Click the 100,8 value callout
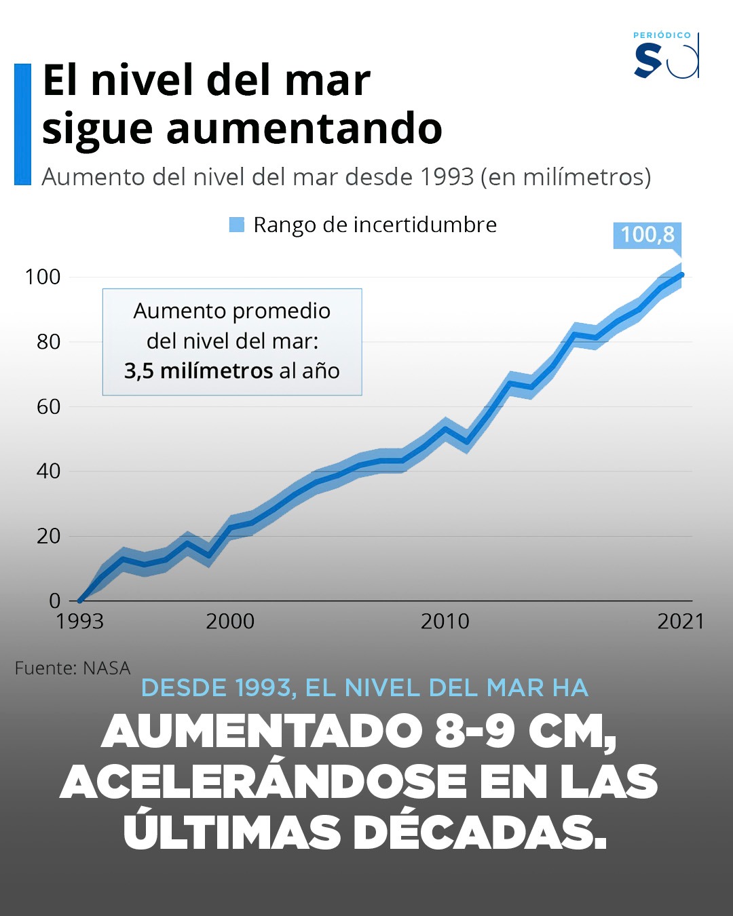click(647, 235)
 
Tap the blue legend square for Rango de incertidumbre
click(236, 225)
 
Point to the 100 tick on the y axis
click(43, 277)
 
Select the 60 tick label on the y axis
click(48, 406)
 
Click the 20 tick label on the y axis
click(48, 536)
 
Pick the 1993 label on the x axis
click(79, 622)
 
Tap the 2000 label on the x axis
click(230, 622)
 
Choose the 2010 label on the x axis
click(445, 622)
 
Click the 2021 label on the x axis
click(681, 622)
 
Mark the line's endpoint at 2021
click(681, 275)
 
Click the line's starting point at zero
click(80, 600)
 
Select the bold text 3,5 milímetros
click(198, 371)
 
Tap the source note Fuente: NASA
click(72, 668)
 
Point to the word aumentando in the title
click(304, 129)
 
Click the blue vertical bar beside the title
click(22, 124)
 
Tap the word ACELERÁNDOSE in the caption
click(264, 782)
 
